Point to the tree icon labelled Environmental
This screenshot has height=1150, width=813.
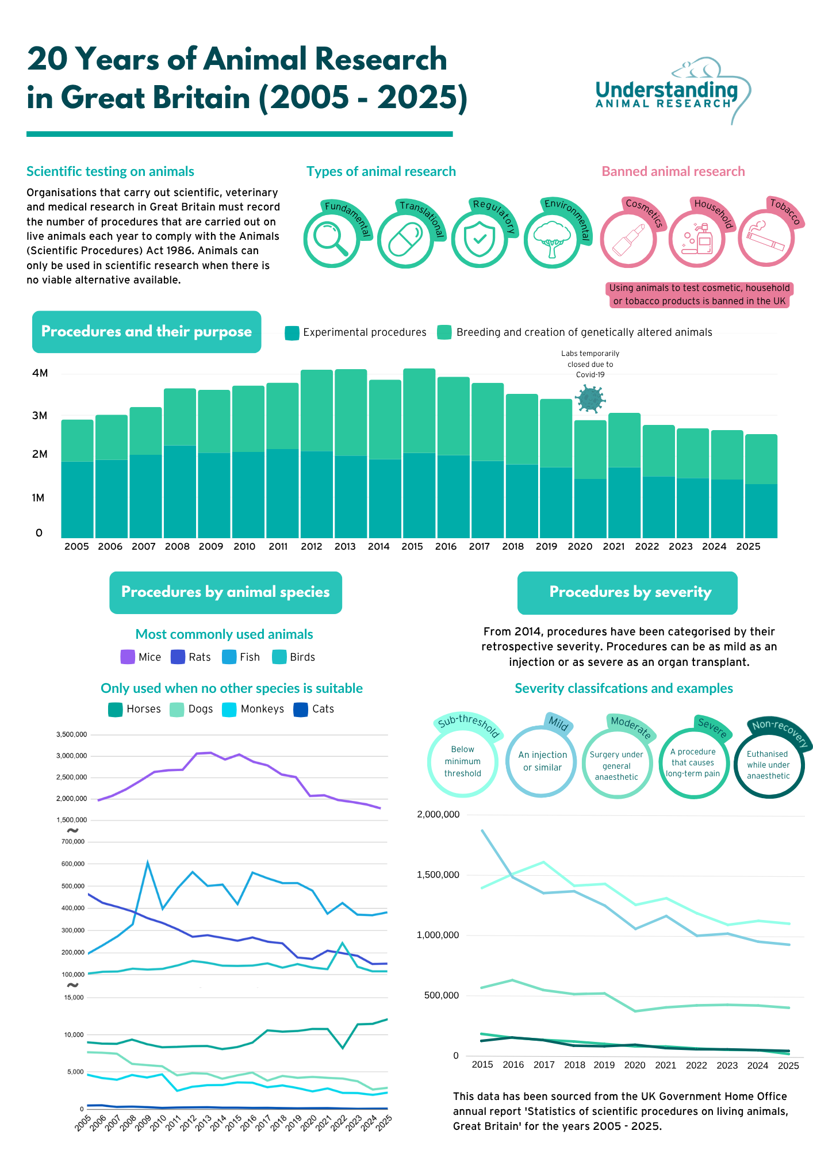click(x=552, y=239)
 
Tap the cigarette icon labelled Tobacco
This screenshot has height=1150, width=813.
click(x=766, y=236)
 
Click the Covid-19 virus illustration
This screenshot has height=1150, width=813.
click(x=590, y=398)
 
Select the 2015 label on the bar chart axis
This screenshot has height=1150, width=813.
click(x=412, y=546)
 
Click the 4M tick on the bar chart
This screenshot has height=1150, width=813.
click(x=40, y=373)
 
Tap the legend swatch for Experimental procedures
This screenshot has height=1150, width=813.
click(x=292, y=333)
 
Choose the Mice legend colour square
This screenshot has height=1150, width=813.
click(x=127, y=657)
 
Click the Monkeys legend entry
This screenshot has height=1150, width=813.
click(x=253, y=709)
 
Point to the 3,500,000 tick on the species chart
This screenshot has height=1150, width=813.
click(x=72, y=734)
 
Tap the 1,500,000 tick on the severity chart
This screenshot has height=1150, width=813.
click(x=438, y=875)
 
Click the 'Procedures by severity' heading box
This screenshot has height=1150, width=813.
click(x=627, y=592)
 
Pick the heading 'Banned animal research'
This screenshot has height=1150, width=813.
click(x=673, y=171)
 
